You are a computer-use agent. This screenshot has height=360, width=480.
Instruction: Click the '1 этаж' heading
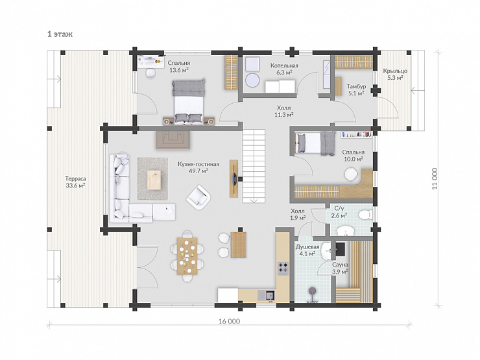[x=60, y=34]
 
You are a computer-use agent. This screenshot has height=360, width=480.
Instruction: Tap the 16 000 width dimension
[x=229, y=321]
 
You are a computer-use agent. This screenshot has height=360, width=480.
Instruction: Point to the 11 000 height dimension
[x=435, y=178]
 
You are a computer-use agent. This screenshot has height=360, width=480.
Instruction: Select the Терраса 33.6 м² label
[x=75, y=182]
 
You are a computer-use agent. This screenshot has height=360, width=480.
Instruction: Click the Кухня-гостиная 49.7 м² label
[x=198, y=167]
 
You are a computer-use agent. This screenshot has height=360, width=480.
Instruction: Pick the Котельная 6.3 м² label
[x=284, y=69]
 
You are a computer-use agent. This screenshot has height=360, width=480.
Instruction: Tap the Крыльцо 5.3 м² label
[x=395, y=75]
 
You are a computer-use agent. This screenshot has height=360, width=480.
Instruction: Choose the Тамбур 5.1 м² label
[x=356, y=90]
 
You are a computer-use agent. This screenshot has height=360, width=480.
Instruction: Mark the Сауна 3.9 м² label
[x=340, y=268]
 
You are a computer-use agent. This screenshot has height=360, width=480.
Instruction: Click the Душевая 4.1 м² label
[x=307, y=250]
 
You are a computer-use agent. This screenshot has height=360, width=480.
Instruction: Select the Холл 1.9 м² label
[x=298, y=215]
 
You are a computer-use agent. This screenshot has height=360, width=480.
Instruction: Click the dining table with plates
[x=187, y=256]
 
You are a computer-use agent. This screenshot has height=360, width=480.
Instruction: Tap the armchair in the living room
[x=198, y=197]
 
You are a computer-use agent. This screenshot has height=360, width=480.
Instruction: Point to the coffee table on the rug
[x=154, y=180]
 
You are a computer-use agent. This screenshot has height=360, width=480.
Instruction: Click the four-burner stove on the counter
[x=283, y=269]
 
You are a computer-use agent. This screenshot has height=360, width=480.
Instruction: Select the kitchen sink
[x=266, y=295]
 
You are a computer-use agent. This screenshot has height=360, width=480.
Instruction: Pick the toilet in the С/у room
[x=365, y=214]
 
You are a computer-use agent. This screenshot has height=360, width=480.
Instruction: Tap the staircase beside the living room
[x=254, y=166]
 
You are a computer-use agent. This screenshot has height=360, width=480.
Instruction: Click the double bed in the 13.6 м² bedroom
[x=188, y=102]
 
